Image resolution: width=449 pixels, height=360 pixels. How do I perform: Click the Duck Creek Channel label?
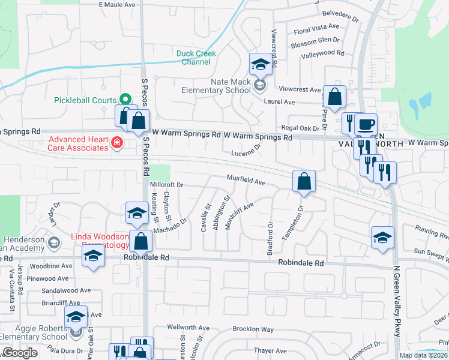(x=196, y=58)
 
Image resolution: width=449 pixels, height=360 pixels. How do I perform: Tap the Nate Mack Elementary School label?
(x=216, y=86)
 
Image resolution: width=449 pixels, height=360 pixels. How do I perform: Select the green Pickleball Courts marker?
(x=125, y=99)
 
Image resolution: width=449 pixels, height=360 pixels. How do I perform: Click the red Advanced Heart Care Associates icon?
(x=116, y=143)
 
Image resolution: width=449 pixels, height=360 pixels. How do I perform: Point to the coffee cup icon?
(x=366, y=125)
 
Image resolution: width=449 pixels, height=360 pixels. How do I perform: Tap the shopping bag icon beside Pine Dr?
(x=336, y=95)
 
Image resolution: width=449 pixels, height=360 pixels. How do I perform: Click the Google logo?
(x=19, y=353)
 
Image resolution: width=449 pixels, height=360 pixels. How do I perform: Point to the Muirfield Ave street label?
(x=246, y=180)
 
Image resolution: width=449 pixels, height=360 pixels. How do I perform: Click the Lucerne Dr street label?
(x=246, y=151)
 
